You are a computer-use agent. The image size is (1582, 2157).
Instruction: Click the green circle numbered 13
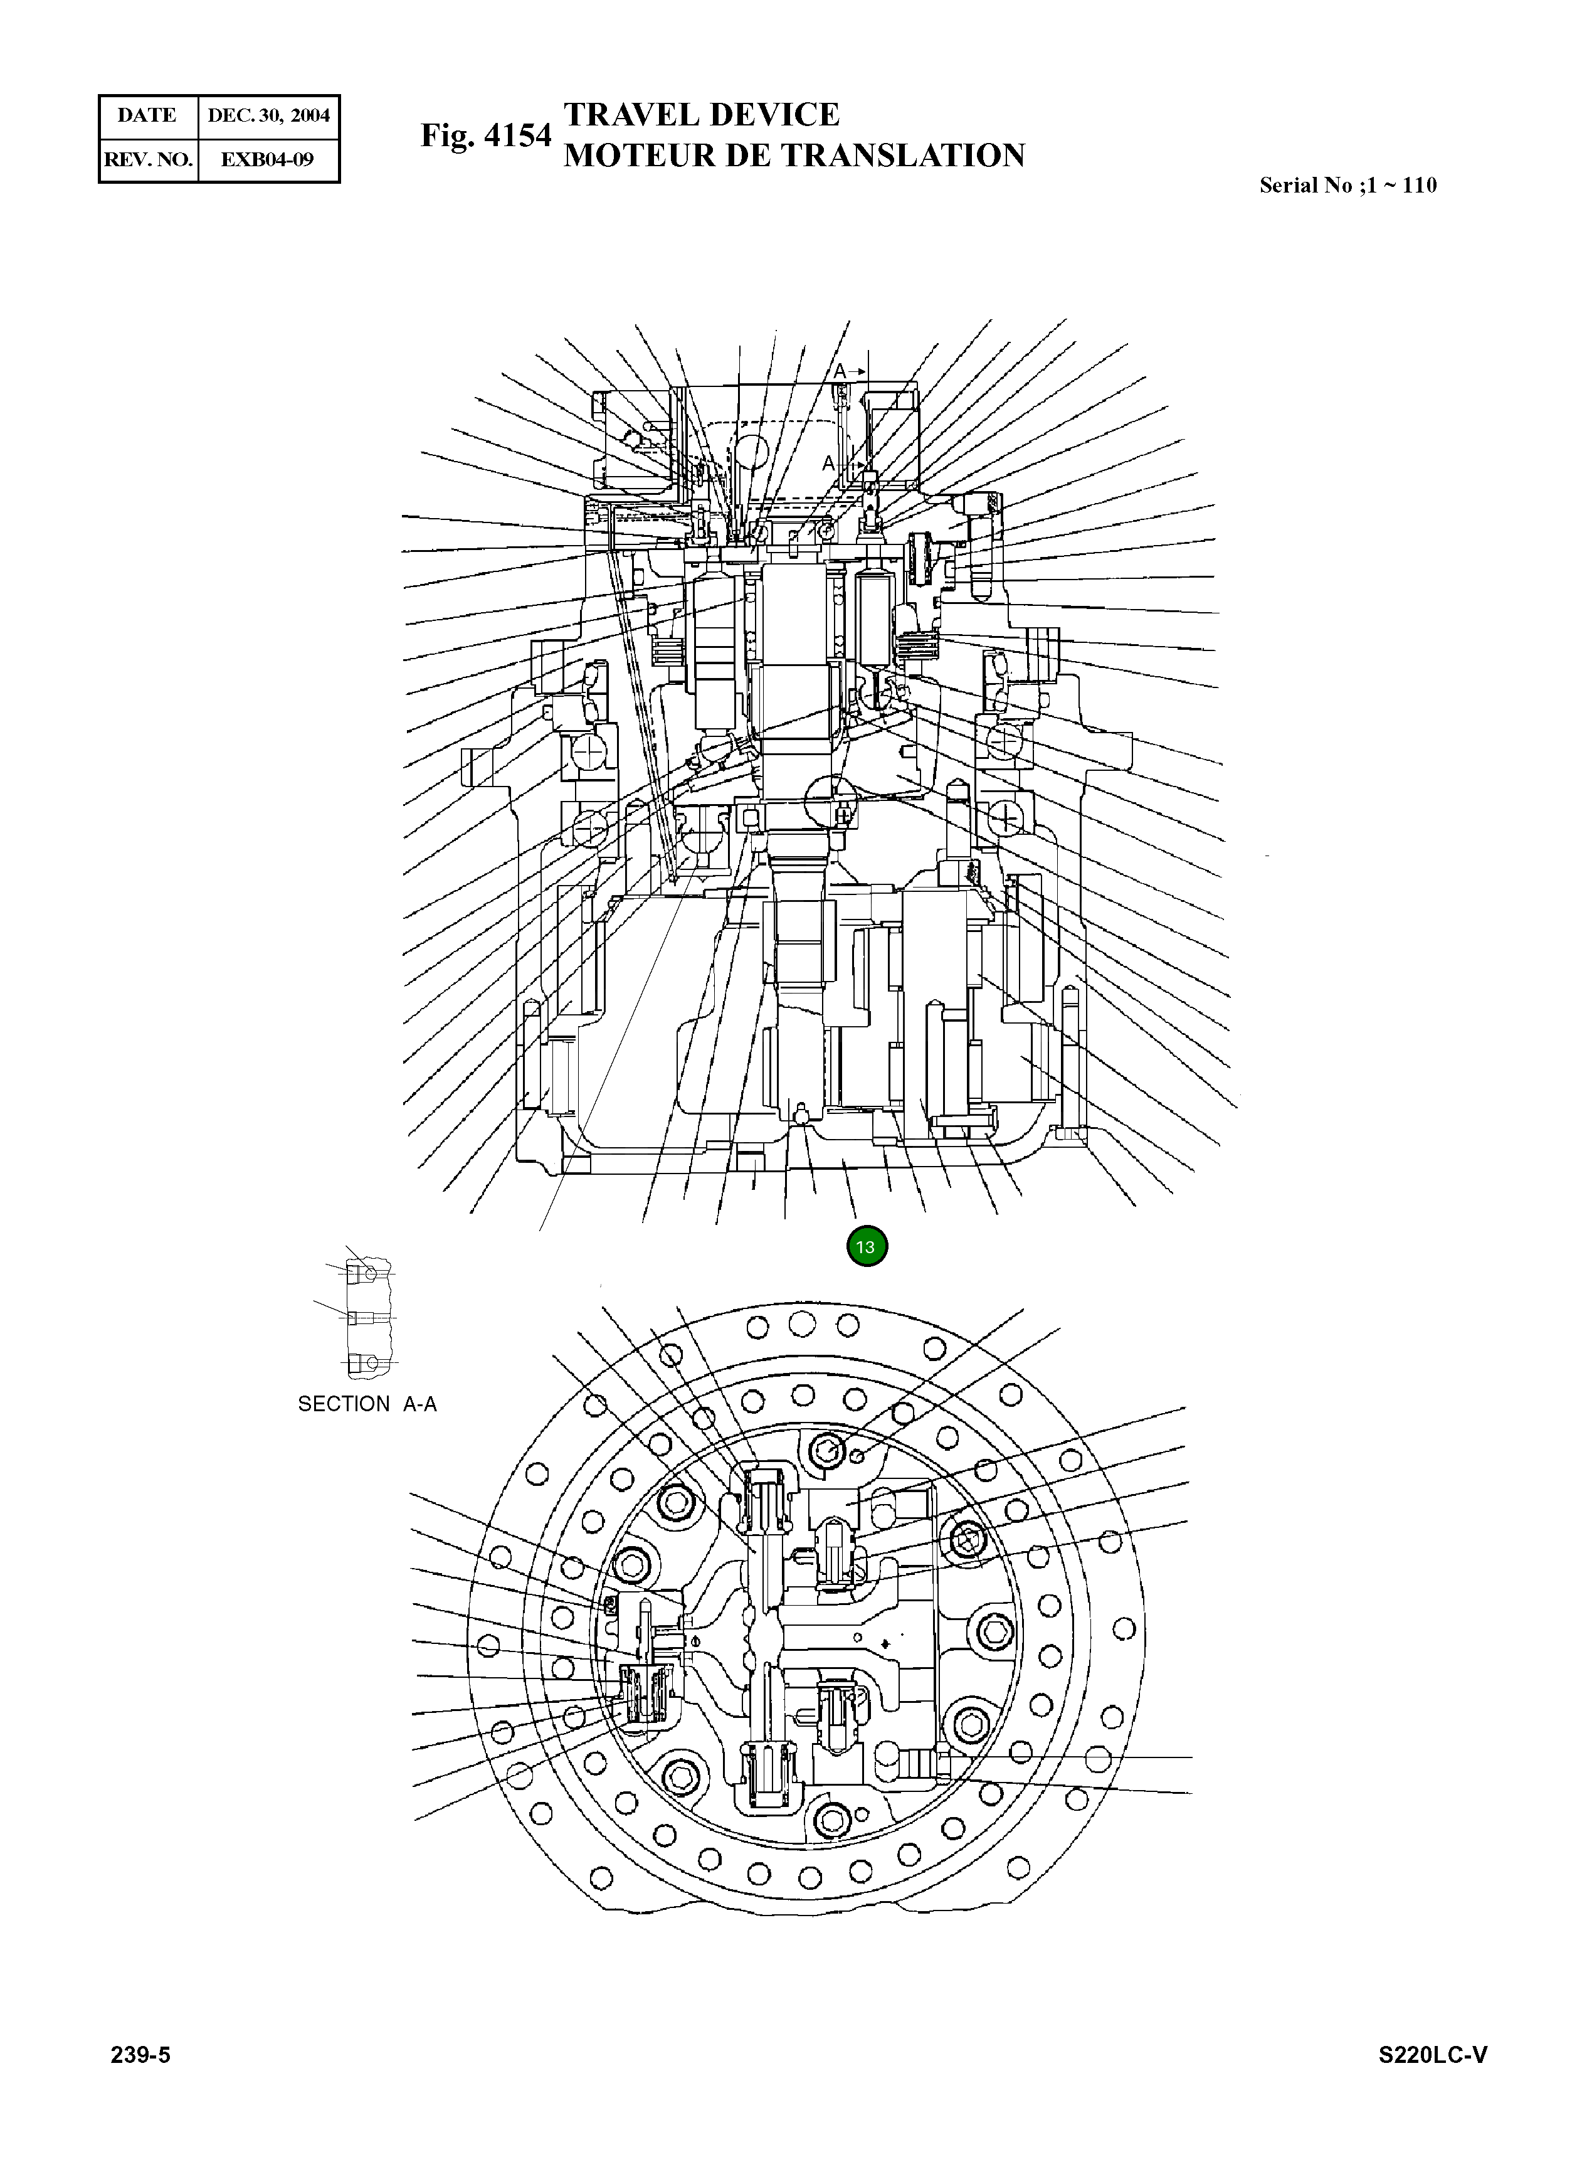point(867,1246)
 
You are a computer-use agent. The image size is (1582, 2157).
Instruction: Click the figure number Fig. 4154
point(485,136)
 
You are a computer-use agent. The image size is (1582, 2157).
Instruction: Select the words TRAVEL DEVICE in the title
point(701,115)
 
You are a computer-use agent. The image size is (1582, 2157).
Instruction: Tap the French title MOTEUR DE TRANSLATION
point(794,155)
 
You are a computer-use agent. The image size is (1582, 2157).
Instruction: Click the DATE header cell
point(147,116)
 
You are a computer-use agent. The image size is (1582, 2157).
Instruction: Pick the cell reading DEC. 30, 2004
point(268,116)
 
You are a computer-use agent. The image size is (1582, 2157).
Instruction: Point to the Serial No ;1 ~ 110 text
point(1347,186)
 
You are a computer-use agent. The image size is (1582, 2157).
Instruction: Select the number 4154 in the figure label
point(518,136)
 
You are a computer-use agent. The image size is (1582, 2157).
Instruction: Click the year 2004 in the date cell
point(310,116)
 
